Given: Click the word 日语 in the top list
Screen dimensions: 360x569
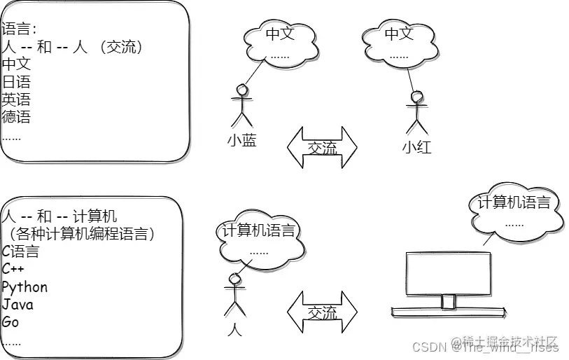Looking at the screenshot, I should click(16, 82).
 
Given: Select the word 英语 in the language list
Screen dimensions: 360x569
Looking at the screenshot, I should click(16, 99).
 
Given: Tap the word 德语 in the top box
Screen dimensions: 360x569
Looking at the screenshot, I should click(16, 116).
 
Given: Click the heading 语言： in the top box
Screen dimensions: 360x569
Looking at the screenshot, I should click(19, 29).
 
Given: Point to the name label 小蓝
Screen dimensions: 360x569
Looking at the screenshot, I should click(241, 140).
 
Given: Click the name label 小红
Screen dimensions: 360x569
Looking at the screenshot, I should click(416, 147).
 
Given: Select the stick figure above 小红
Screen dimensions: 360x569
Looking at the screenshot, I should click(416, 110).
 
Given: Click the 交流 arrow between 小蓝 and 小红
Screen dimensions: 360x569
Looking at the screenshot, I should click(322, 148).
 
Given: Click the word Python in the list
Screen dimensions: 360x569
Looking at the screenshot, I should click(25, 287).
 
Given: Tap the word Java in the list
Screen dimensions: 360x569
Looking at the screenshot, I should click(17, 305).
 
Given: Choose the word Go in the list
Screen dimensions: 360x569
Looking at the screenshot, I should click(10, 322).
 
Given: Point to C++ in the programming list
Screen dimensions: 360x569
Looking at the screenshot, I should click(13, 269).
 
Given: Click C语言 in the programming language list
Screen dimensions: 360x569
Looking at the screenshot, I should click(20, 251).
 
